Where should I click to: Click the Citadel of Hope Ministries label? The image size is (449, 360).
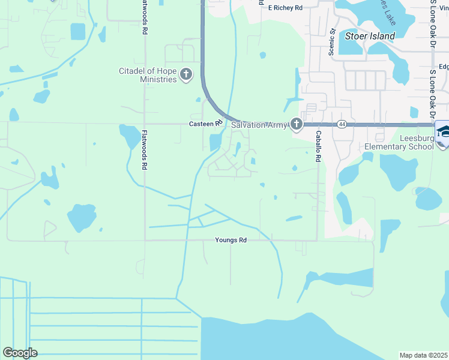[148, 75]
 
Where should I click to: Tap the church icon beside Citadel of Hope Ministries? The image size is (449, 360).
[186, 74]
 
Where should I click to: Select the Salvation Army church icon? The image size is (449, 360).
[296, 124]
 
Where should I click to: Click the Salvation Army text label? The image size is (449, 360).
[258, 124]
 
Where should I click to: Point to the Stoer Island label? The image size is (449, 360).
[370, 36]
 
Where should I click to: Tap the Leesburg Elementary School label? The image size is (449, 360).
[399, 142]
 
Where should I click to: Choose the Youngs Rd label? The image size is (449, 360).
[231, 240]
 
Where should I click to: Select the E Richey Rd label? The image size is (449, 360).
[285, 8]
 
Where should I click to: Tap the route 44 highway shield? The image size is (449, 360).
[342, 124]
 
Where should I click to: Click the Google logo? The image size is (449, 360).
[20, 353]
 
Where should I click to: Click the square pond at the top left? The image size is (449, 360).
[78, 31]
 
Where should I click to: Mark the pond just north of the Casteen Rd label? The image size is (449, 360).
[199, 100]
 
